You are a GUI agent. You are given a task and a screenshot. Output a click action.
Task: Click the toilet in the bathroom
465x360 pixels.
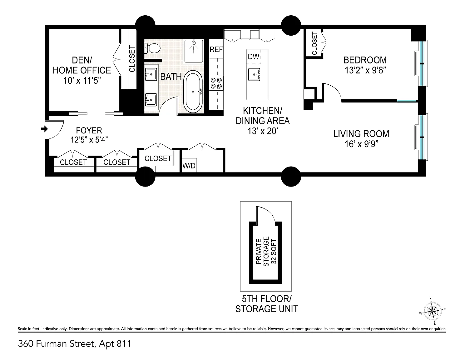coord(152,48)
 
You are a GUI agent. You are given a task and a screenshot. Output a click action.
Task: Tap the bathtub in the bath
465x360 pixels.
coord(193,92)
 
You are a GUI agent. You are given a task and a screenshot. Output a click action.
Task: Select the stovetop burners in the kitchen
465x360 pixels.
coord(216,83)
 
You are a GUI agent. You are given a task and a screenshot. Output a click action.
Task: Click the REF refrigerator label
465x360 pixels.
coord(216,50)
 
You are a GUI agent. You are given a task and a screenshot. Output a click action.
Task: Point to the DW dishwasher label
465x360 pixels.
coord(254,57)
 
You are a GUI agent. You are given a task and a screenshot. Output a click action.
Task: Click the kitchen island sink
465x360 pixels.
coord(254,74)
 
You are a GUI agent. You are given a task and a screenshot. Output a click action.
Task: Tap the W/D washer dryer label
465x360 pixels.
coord(189,166)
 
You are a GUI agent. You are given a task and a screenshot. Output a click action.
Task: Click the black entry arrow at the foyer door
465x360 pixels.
coord(45,129)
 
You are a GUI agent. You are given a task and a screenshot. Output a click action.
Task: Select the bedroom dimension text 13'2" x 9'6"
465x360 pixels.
coord(365,70)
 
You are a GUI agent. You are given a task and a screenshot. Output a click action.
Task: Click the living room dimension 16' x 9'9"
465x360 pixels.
coord(361,144)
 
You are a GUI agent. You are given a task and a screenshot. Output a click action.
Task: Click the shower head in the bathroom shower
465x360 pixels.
coord(194,42)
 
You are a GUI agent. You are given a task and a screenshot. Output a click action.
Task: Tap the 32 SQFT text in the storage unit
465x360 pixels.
coord(274,251)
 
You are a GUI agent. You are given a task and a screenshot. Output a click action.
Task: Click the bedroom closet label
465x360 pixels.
coord(314,43)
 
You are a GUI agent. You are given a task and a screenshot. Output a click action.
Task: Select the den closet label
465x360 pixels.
coord(132,59)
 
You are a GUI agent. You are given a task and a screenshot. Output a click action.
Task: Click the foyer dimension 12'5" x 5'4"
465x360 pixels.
coord(89,140)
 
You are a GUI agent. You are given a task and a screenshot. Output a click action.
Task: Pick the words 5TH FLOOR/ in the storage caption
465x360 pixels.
coord(267,299)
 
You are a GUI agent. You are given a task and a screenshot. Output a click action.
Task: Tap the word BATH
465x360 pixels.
coord(171,77)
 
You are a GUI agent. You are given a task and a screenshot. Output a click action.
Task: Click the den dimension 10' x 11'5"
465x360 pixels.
coord(82,81)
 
